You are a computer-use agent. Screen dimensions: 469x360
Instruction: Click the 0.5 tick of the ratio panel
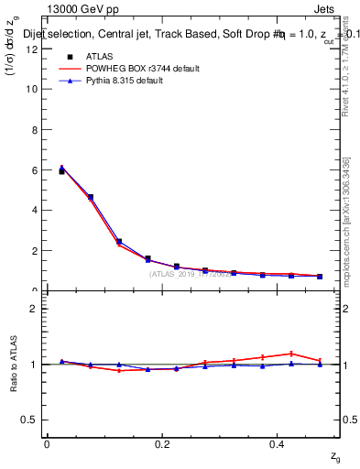[x=31, y=420]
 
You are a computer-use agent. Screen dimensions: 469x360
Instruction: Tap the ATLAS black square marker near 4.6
[x=91, y=197]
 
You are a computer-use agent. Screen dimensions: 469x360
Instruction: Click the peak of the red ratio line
[x=291, y=353]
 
